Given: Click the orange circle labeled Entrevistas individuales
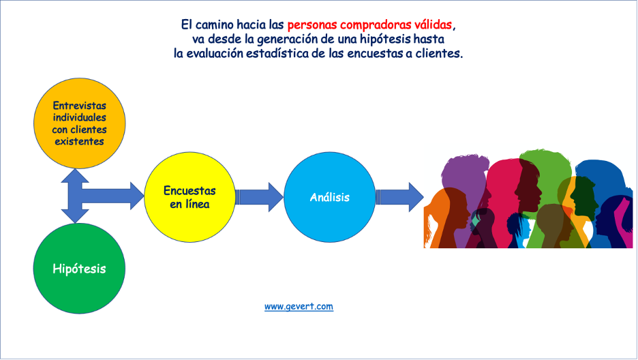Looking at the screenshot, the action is [79, 123].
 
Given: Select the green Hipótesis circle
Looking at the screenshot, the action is [79, 269].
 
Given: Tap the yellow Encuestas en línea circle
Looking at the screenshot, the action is [189, 197].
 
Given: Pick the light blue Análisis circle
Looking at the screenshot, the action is [330, 197].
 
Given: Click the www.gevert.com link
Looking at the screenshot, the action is [299, 306].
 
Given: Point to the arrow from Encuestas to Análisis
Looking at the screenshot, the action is [259, 197].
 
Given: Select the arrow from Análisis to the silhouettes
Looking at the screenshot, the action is [399, 197].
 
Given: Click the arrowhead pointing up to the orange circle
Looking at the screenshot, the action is [75, 175].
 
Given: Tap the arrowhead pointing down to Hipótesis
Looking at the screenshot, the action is [75, 216].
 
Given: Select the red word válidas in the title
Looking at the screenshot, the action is [434, 25].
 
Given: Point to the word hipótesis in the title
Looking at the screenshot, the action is [385, 39].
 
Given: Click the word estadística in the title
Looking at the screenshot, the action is [277, 53].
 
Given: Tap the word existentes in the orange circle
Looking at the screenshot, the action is [79, 142].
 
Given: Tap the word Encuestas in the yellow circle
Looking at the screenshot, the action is [189, 191].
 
